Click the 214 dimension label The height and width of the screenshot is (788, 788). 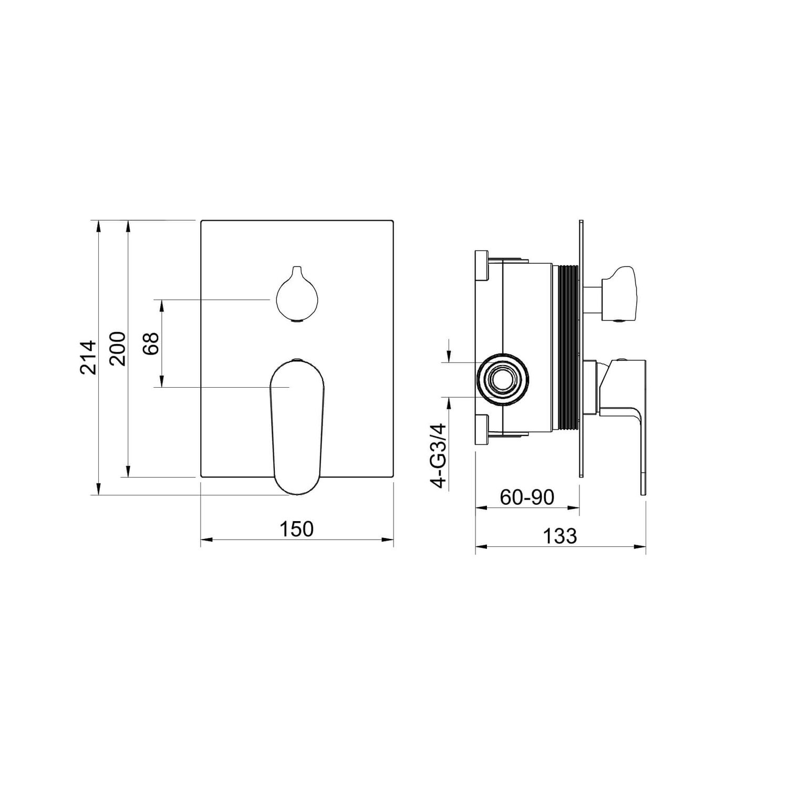(x=88, y=357)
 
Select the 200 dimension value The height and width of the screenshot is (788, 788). (x=118, y=348)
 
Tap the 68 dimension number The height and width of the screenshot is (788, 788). (x=151, y=344)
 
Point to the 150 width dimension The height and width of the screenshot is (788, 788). (x=296, y=528)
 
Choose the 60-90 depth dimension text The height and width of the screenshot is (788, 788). (x=527, y=497)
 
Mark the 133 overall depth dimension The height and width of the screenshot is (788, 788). (x=559, y=536)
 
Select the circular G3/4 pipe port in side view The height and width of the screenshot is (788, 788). (x=502, y=379)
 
